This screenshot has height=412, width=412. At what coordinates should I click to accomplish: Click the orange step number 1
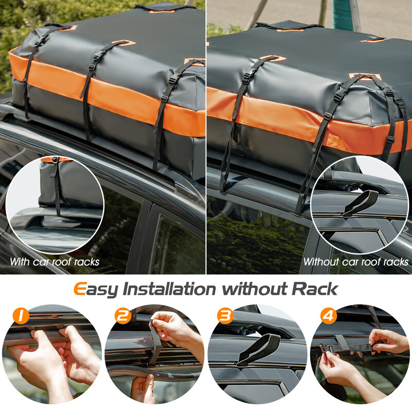coord(21,316)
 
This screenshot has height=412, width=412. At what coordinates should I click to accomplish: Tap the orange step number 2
coord(124,316)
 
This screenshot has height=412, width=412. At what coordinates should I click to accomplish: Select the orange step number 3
coord(225,316)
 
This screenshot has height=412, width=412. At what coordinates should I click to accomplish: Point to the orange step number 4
coord(328,316)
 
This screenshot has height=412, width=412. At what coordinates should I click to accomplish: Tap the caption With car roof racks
coord(55,262)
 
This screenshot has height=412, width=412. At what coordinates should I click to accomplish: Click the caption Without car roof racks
coord(356,262)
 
